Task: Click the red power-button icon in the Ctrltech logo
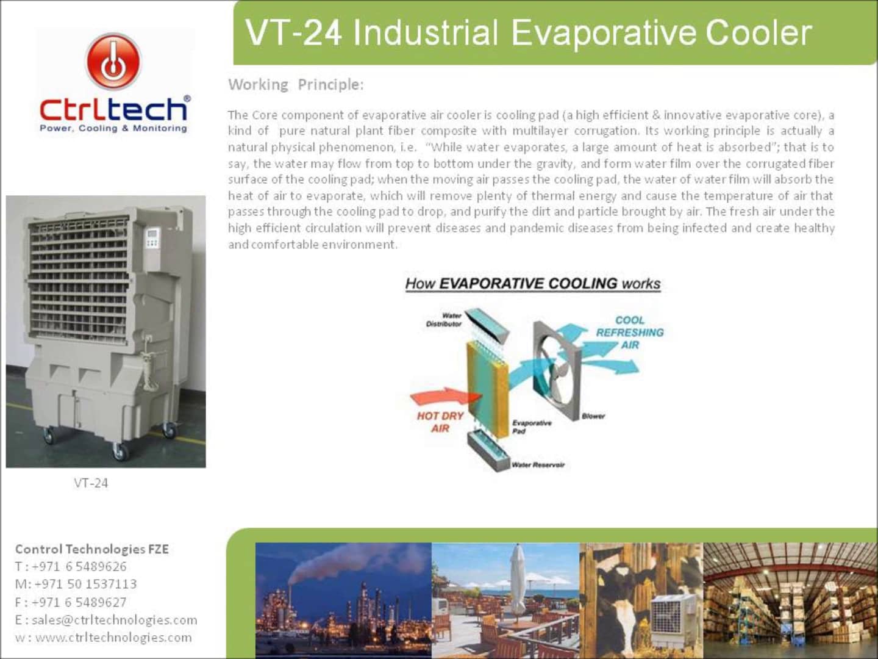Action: [113, 62]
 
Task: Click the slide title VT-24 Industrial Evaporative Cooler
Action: [528, 32]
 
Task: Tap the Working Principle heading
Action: [296, 84]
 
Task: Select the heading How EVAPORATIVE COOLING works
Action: [533, 284]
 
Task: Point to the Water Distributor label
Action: [444, 320]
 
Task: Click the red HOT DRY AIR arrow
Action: [438, 397]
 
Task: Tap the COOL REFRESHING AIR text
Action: [629, 333]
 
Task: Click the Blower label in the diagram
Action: [593, 416]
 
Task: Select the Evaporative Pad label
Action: [531, 427]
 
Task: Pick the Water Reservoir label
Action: [538, 465]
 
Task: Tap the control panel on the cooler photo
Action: [152, 239]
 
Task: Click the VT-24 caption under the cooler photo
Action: [91, 483]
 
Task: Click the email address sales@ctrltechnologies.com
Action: [114, 620]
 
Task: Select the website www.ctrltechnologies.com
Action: [113, 638]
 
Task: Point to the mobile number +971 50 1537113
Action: [85, 585]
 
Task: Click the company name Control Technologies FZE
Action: [92, 549]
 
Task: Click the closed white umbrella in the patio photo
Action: [517, 580]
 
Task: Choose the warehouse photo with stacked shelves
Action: [790, 600]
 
